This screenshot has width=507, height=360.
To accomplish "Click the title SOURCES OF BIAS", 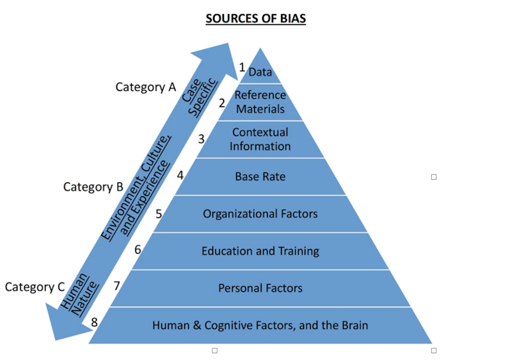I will click(x=256, y=19).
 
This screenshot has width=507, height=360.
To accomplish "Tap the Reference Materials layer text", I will click(x=260, y=102).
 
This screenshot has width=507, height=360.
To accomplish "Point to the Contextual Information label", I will click(x=260, y=139).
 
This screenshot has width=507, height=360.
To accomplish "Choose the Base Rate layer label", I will click(x=260, y=176).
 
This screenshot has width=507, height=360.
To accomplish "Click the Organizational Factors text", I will click(x=260, y=214).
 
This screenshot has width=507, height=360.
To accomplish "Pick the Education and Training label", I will click(x=260, y=251).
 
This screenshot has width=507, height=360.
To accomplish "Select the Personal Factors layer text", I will click(x=260, y=288).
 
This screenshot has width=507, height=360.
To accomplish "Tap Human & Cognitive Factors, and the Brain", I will click(x=260, y=325).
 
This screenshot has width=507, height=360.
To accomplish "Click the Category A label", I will click(x=145, y=87).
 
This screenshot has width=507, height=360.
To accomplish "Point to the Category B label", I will click(x=93, y=186).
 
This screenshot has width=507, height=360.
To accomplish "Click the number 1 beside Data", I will click(x=242, y=67).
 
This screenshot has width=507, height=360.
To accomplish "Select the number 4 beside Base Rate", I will click(x=180, y=175).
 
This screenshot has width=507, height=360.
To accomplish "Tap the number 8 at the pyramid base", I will click(x=94, y=323).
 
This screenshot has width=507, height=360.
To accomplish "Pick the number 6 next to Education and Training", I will click(x=137, y=250).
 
